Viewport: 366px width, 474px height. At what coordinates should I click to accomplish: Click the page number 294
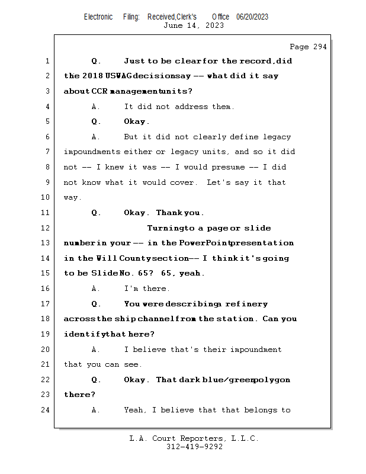(317, 47)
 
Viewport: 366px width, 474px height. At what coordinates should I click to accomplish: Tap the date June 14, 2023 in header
(193, 25)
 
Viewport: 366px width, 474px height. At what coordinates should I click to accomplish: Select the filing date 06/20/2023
(252, 17)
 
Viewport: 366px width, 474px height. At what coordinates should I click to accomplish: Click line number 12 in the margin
(46, 228)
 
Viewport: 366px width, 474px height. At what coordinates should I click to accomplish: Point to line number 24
(46, 410)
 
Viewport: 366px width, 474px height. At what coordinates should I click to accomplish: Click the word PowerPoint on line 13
(204, 243)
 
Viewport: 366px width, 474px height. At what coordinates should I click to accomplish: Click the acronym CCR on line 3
(99, 91)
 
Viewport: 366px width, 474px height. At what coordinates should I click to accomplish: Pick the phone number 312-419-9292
(194, 447)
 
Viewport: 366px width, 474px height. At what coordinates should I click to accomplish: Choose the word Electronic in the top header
(98, 17)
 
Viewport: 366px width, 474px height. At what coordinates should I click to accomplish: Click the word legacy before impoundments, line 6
(277, 137)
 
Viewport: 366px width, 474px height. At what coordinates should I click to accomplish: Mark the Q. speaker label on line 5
(96, 121)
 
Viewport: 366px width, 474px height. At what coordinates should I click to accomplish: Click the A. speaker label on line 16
(96, 289)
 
